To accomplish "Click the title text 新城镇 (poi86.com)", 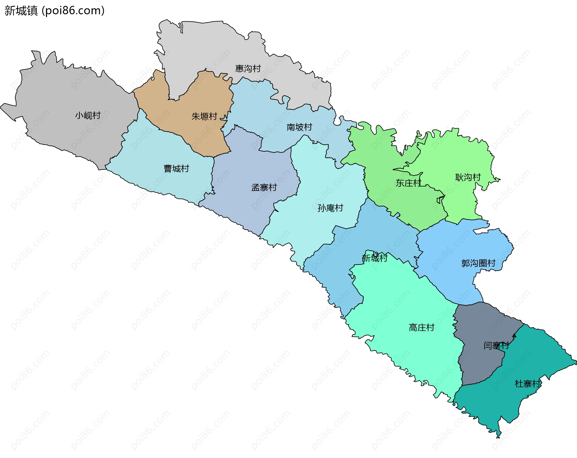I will click(54, 11).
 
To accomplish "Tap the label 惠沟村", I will click(248, 69).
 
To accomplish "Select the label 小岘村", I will click(88, 115).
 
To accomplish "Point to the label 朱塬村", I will click(204, 116).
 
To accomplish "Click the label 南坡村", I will click(299, 127).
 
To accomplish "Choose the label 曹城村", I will click(176, 168).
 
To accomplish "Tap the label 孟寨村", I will click(264, 188).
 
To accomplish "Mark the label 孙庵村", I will click(330, 208).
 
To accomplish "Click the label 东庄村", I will click(408, 183).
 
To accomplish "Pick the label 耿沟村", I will click(468, 177).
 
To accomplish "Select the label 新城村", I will click(375, 258).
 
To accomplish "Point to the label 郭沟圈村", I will click(478, 263).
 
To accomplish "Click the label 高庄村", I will click(421, 327).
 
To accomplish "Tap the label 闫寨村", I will click(496, 346).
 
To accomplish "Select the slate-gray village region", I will click(481, 325).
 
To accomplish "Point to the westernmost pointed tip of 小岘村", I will click(1, 106).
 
